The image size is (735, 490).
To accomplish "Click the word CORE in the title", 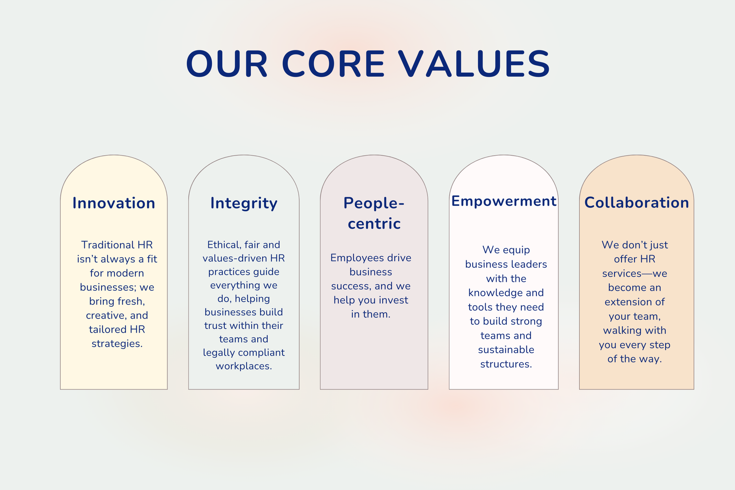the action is click(x=334, y=64).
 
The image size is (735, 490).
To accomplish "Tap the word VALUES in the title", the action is click(x=474, y=64).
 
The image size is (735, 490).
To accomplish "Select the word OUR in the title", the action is click(x=227, y=64).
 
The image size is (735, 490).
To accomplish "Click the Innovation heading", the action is click(x=114, y=203).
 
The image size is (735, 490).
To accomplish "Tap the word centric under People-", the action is click(x=374, y=224).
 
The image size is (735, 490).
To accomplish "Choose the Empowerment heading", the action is click(x=503, y=201).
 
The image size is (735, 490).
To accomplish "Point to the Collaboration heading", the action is click(x=637, y=203).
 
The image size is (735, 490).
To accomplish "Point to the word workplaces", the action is click(x=244, y=366).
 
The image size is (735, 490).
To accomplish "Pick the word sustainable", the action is click(x=506, y=349).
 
